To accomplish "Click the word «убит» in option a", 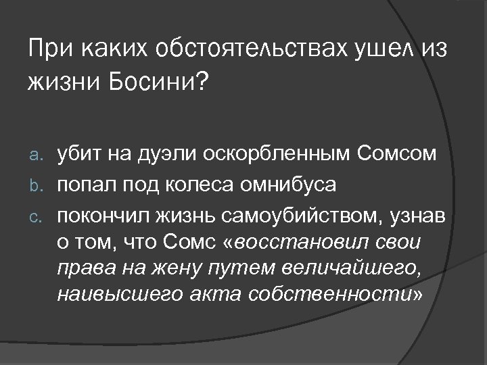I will (78, 154).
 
